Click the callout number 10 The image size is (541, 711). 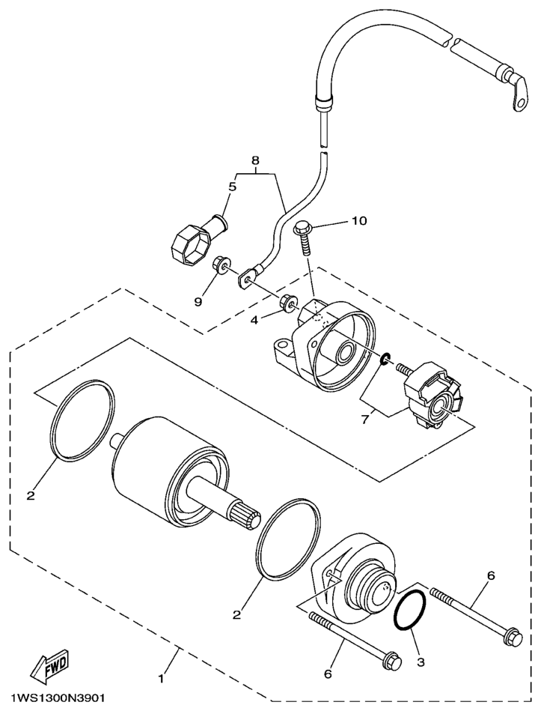tap(358, 221)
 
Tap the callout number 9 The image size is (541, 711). tap(198, 301)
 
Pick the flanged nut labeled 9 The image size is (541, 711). tap(221, 264)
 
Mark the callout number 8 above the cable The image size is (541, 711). tap(254, 160)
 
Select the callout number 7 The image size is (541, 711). tap(364, 418)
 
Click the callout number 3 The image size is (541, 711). tap(421, 662)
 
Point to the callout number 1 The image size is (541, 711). tap(159, 679)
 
